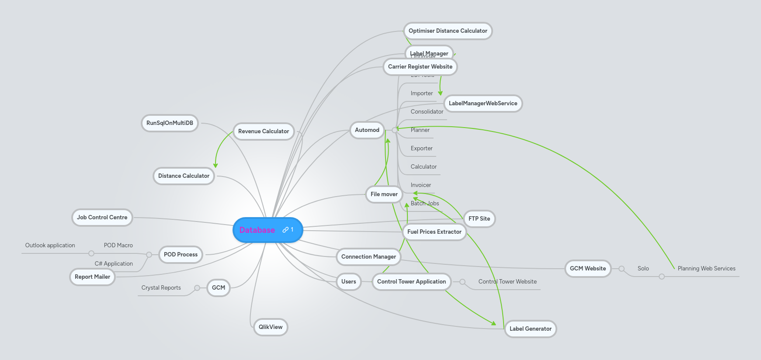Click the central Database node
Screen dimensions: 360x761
coord(257,230)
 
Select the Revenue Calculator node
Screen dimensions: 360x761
coord(264,131)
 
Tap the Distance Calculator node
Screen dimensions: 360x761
coord(184,176)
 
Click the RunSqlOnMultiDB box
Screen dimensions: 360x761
coord(170,123)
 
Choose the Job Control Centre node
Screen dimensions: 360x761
coord(102,217)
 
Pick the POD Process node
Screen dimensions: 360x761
coord(181,254)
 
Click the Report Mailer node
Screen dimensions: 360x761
coord(92,277)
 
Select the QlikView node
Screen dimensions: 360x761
coord(271,327)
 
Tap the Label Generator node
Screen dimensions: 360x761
coord(530,329)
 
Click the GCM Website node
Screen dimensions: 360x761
coord(587,268)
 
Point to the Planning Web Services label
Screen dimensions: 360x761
coord(706,268)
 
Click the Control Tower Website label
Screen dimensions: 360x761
coord(507,281)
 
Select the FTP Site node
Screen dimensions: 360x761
coord(479,218)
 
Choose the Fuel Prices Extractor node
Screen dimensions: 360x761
coord(434,232)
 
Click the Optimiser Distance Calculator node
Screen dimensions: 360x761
coord(448,31)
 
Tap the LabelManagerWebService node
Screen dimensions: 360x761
coord(483,103)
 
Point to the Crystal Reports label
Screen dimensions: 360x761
coord(161,287)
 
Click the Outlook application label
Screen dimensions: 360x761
coord(50,245)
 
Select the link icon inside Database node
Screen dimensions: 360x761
coord(285,229)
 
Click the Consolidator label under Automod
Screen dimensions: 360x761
coord(427,111)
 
